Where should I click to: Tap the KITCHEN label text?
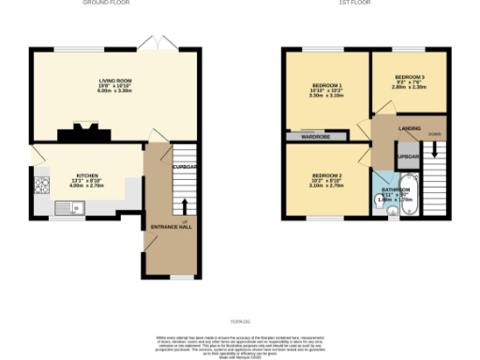pos(87,175)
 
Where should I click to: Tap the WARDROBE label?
pos(315,137)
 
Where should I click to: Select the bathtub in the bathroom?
pos(410,199)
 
